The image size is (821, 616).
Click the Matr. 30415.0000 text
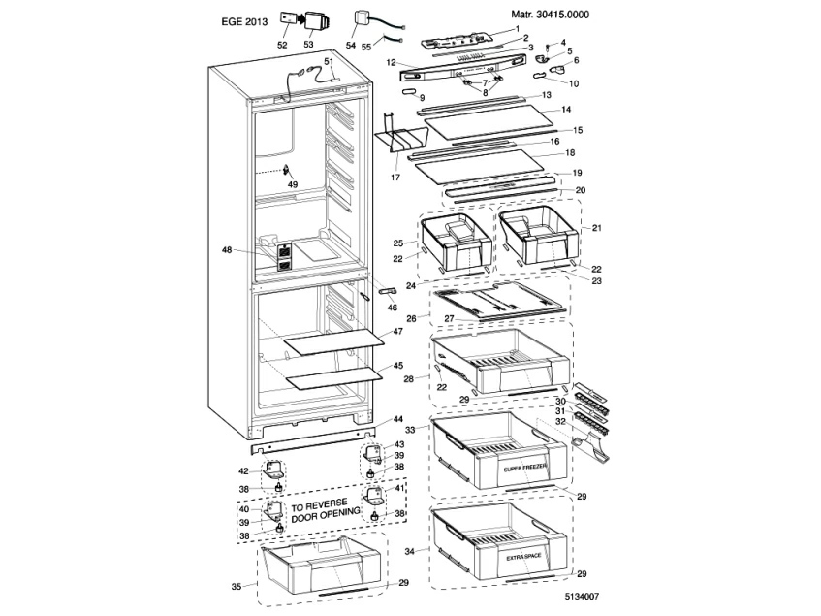[550, 16]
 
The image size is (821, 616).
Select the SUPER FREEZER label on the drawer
[525, 468]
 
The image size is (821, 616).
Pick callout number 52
[282, 45]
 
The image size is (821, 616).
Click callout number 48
[227, 250]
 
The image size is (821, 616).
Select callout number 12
[389, 63]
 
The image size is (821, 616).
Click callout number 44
[398, 419]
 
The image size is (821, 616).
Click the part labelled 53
[314, 21]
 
